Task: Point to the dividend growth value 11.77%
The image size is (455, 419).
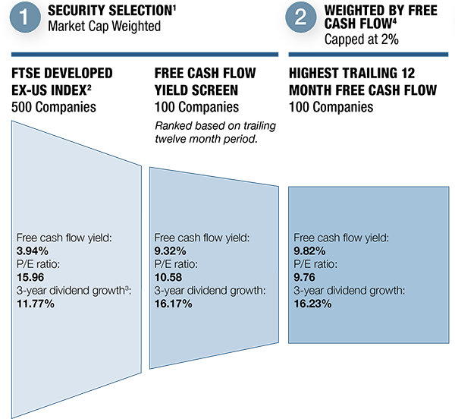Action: [35, 304]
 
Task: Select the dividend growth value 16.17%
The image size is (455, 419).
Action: [173, 304]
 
